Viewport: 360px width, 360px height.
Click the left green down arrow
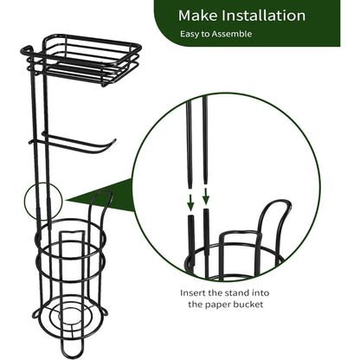click(x=189, y=201)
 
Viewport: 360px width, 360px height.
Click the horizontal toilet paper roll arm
click(x=74, y=138)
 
